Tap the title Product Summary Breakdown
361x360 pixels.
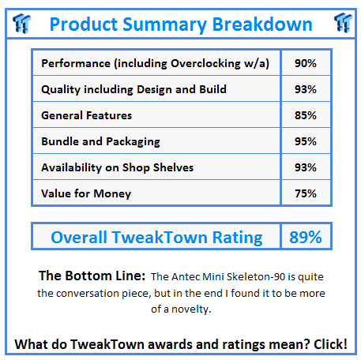coord(181,24)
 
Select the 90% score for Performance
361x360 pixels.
coord(306,63)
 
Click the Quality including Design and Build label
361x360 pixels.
coord(133,89)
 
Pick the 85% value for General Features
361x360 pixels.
coord(306,115)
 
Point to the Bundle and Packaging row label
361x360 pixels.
coord(100,141)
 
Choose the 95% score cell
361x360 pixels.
coord(306,141)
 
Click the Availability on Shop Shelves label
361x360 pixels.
coord(117,167)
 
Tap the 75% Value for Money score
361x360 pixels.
coord(306,193)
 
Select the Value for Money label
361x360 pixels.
coord(86,193)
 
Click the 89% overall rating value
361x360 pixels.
coord(305,237)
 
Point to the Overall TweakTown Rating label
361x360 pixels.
coord(156,237)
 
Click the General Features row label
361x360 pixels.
coord(85,115)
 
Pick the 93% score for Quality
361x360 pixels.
coord(306,89)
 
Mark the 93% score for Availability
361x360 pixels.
coord(306,167)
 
